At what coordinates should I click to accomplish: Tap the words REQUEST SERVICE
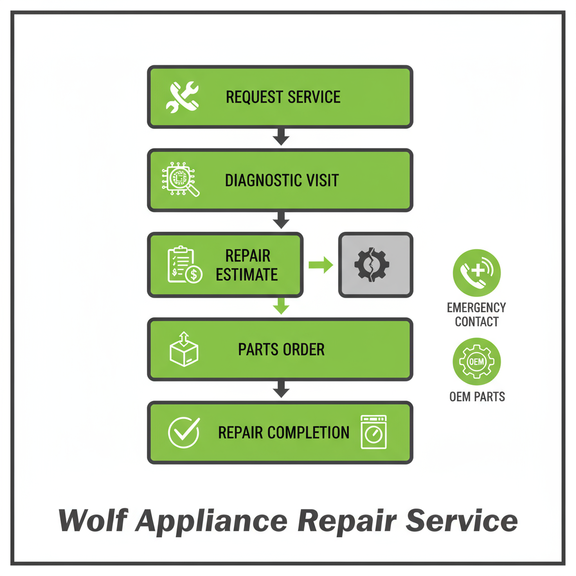pyautogui.click(x=283, y=97)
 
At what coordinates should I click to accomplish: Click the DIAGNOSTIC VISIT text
pyautogui.click(x=282, y=181)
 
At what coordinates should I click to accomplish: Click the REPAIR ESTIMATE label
pyautogui.click(x=247, y=265)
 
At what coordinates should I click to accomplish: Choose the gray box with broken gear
pyautogui.click(x=375, y=264)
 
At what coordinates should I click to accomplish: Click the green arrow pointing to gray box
pyautogui.click(x=321, y=265)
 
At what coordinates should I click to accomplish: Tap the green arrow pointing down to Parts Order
pyautogui.click(x=281, y=307)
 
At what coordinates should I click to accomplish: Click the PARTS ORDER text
pyautogui.click(x=281, y=349)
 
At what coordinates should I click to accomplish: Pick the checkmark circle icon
pyautogui.click(x=184, y=433)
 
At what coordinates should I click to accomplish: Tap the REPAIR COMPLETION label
pyautogui.click(x=283, y=433)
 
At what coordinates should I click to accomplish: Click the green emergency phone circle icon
pyautogui.click(x=476, y=273)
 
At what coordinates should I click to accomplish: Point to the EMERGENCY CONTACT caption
pyautogui.click(x=476, y=314)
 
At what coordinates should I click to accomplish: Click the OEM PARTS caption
pyautogui.click(x=477, y=397)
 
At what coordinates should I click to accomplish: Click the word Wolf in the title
pyautogui.click(x=92, y=520)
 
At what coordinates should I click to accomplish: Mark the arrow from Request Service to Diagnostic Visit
pyautogui.click(x=281, y=137)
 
